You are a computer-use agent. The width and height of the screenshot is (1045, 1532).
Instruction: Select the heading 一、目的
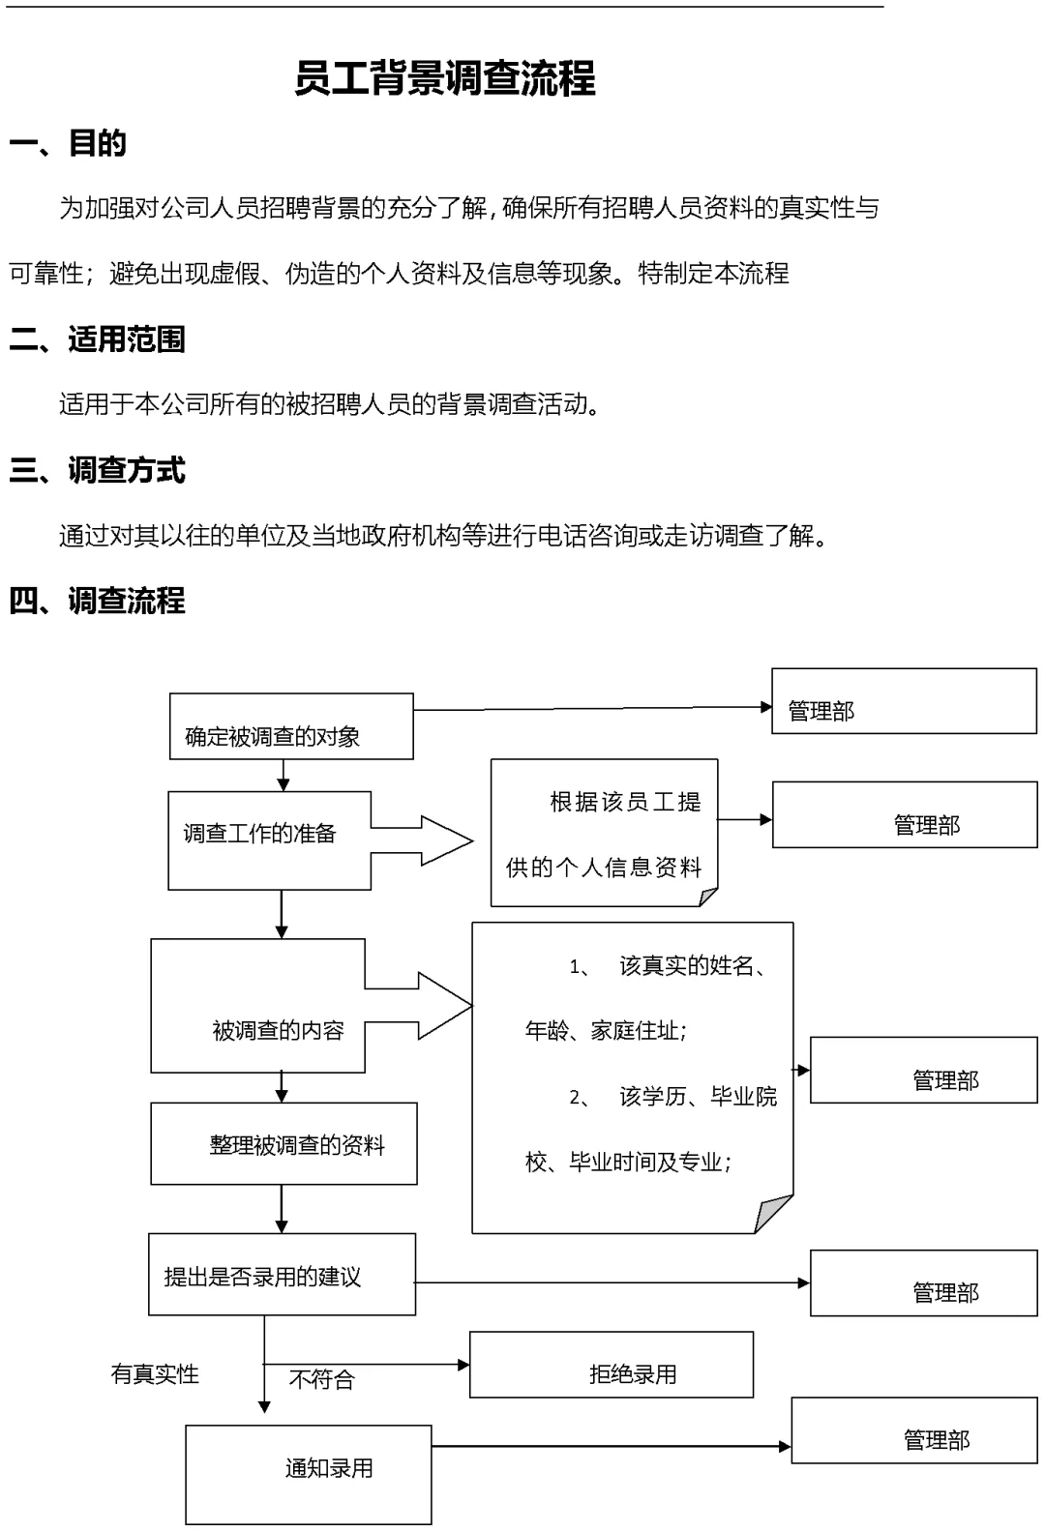click(68, 143)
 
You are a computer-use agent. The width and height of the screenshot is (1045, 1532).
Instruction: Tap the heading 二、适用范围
click(97, 339)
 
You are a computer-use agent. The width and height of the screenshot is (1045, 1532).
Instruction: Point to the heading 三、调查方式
click(97, 470)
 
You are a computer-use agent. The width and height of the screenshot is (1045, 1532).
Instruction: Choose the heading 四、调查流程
click(97, 601)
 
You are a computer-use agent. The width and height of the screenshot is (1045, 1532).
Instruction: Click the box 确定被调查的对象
click(290, 727)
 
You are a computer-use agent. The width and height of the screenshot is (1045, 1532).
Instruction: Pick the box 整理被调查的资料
click(284, 1144)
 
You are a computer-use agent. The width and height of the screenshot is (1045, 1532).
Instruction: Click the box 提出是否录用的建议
click(282, 1275)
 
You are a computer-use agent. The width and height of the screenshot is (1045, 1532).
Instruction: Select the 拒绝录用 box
click(612, 1365)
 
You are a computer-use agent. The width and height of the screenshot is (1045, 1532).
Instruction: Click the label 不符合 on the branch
click(322, 1379)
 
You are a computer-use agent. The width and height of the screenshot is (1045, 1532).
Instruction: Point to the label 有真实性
click(155, 1374)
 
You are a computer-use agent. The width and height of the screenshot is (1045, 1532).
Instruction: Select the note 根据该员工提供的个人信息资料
click(604, 834)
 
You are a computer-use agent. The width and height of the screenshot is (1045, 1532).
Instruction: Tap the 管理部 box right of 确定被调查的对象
click(904, 701)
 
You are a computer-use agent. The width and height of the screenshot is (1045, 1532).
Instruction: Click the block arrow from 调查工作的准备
click(426, 841)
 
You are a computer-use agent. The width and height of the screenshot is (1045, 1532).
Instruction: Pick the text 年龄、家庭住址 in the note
click(606, 1031)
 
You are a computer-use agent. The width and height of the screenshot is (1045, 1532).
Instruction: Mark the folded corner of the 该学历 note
click(775, 1213)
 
